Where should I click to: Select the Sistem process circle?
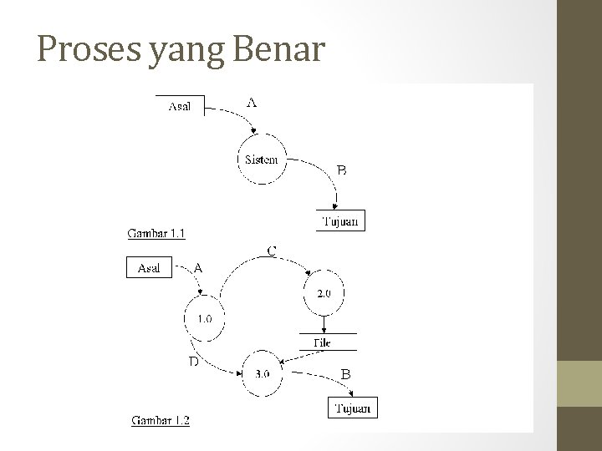coord(261,159)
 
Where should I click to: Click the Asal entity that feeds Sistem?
coord(180,106)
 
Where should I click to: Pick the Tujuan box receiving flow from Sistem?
coord(341,221)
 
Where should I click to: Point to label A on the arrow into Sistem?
coord(252,103)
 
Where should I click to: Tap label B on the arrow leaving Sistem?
coord(341,170)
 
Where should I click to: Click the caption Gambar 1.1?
coord(156,234)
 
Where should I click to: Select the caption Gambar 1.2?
coord(161,420)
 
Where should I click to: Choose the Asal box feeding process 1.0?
coord(150,268)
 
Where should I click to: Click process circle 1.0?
coord(204,318)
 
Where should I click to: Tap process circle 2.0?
coord(323,292)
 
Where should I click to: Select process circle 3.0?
coord(261,373)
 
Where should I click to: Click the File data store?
coord(322,343)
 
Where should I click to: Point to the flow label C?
coord(273,250)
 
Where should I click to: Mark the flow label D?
coord(193,362)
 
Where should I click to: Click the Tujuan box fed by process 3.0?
coord(353,408)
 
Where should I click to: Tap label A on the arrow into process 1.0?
coord(198,268)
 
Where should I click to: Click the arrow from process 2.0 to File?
coord(323,324)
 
